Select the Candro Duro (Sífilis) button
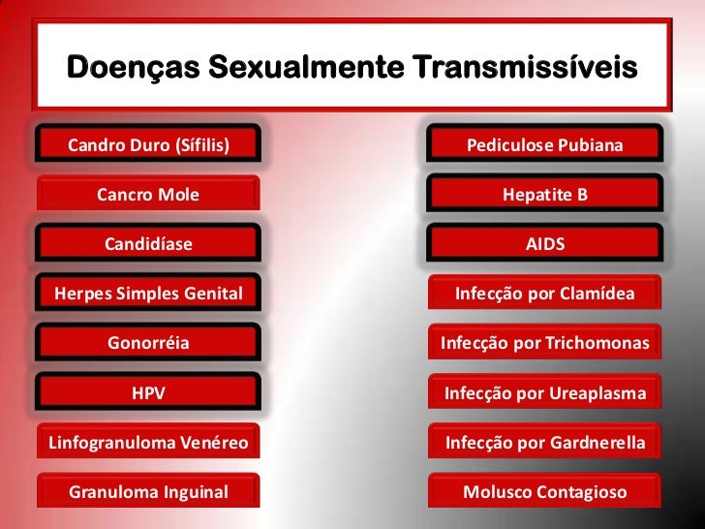[x=148, y=145]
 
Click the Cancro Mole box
[x=148, y=195]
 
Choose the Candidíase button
[x=148, y=244]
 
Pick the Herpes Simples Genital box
[x=148, y=294]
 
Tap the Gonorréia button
[x=148, y=343]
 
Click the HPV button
[x=148, y=392]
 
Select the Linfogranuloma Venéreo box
[x=148, y=443]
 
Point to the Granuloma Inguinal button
[x=148, y=492]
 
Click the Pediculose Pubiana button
[x=545, y=145]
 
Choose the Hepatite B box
[x=545, y=195]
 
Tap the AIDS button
[x=545, y=244]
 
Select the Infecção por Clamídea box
[x=545, y=294]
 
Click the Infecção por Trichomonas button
[x=545, y=343]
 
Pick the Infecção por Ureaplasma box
[x=545, y=392]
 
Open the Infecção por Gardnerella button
[x=545, y=443]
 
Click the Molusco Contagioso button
[x=545, y=492]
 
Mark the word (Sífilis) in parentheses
[x=200, y=146]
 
